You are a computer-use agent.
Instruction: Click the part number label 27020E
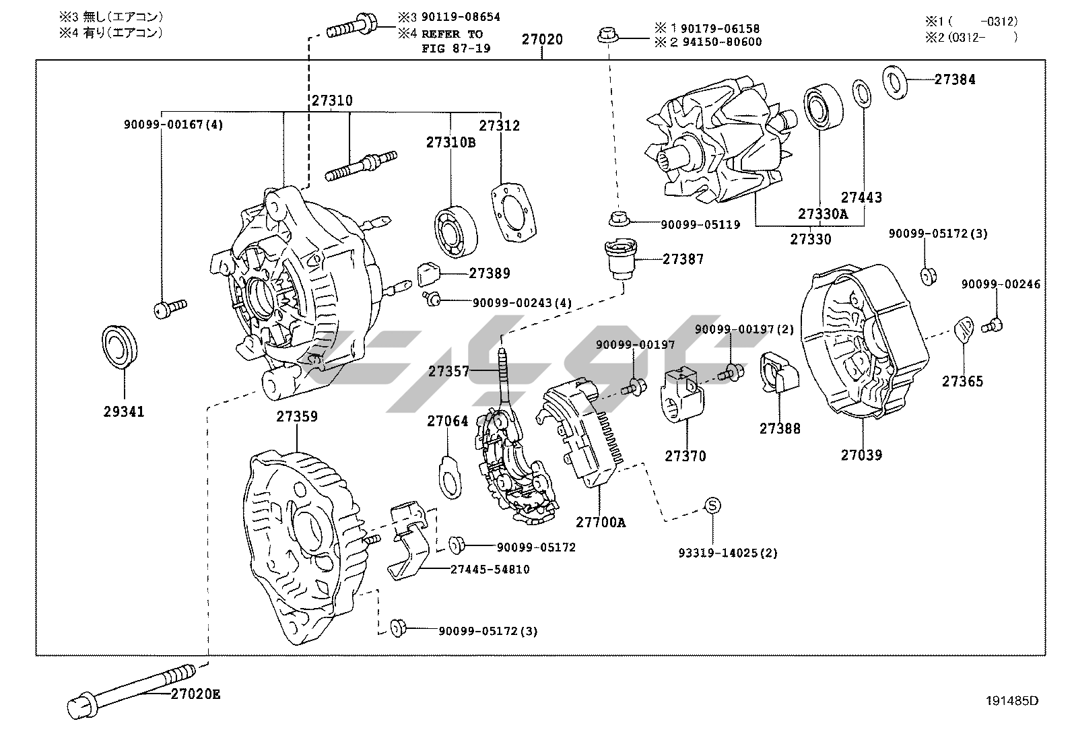195,694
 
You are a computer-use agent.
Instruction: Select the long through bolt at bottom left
128,694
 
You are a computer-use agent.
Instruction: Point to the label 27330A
823,214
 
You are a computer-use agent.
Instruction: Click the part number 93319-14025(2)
727,553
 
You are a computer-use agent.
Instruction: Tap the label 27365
962,382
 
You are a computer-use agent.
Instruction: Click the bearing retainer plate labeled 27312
516,212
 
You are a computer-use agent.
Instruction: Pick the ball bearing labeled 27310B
456,232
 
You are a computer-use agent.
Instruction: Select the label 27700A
600,522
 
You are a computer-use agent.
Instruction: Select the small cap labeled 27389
428,273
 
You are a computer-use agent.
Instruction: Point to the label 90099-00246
1000,284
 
